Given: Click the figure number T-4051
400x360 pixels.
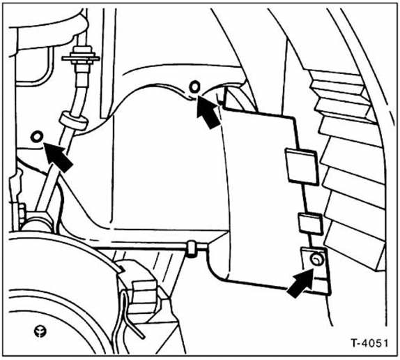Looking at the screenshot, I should tap(365, 344).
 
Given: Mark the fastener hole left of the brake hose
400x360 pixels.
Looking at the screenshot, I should tap(39, 135).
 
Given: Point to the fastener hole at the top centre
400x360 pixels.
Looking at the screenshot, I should tap(194, 87).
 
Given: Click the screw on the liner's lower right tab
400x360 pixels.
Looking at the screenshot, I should tap(317, 260).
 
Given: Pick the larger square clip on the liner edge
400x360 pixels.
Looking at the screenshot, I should tap(300, 165).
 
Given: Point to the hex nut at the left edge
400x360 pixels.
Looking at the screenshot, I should tap(22, 213).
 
